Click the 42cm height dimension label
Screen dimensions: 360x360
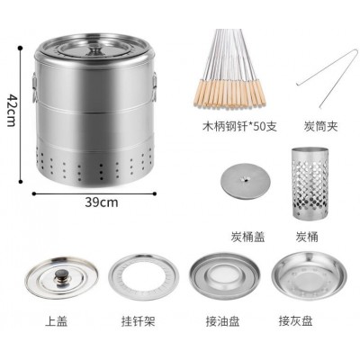[x=11, y=111]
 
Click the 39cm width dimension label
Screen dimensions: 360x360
[x=102, y=202]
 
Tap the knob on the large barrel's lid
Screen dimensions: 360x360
[x=95, y=51]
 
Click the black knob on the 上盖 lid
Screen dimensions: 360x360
[x=62, y=274]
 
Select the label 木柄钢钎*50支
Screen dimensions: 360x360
[x=239, y=126]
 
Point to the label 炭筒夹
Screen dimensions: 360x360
[x=320, y=126]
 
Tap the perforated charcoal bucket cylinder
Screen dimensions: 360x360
[x=310, y=183]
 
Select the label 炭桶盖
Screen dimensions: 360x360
[x=247, y=237]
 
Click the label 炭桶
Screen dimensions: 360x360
[x=307, y=237]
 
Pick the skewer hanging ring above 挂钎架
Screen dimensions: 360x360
[x=143, y=277]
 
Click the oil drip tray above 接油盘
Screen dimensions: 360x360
[x=224, y=276]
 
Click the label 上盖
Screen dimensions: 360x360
[x=56, y=321]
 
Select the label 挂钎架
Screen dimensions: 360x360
[x=138, y=321]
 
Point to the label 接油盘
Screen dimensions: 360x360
[x=223, y=321]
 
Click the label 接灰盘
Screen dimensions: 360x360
[x=295, y=321]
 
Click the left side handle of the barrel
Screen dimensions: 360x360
[x=34, y=87]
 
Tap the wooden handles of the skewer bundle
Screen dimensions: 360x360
[x=229, y=93]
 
